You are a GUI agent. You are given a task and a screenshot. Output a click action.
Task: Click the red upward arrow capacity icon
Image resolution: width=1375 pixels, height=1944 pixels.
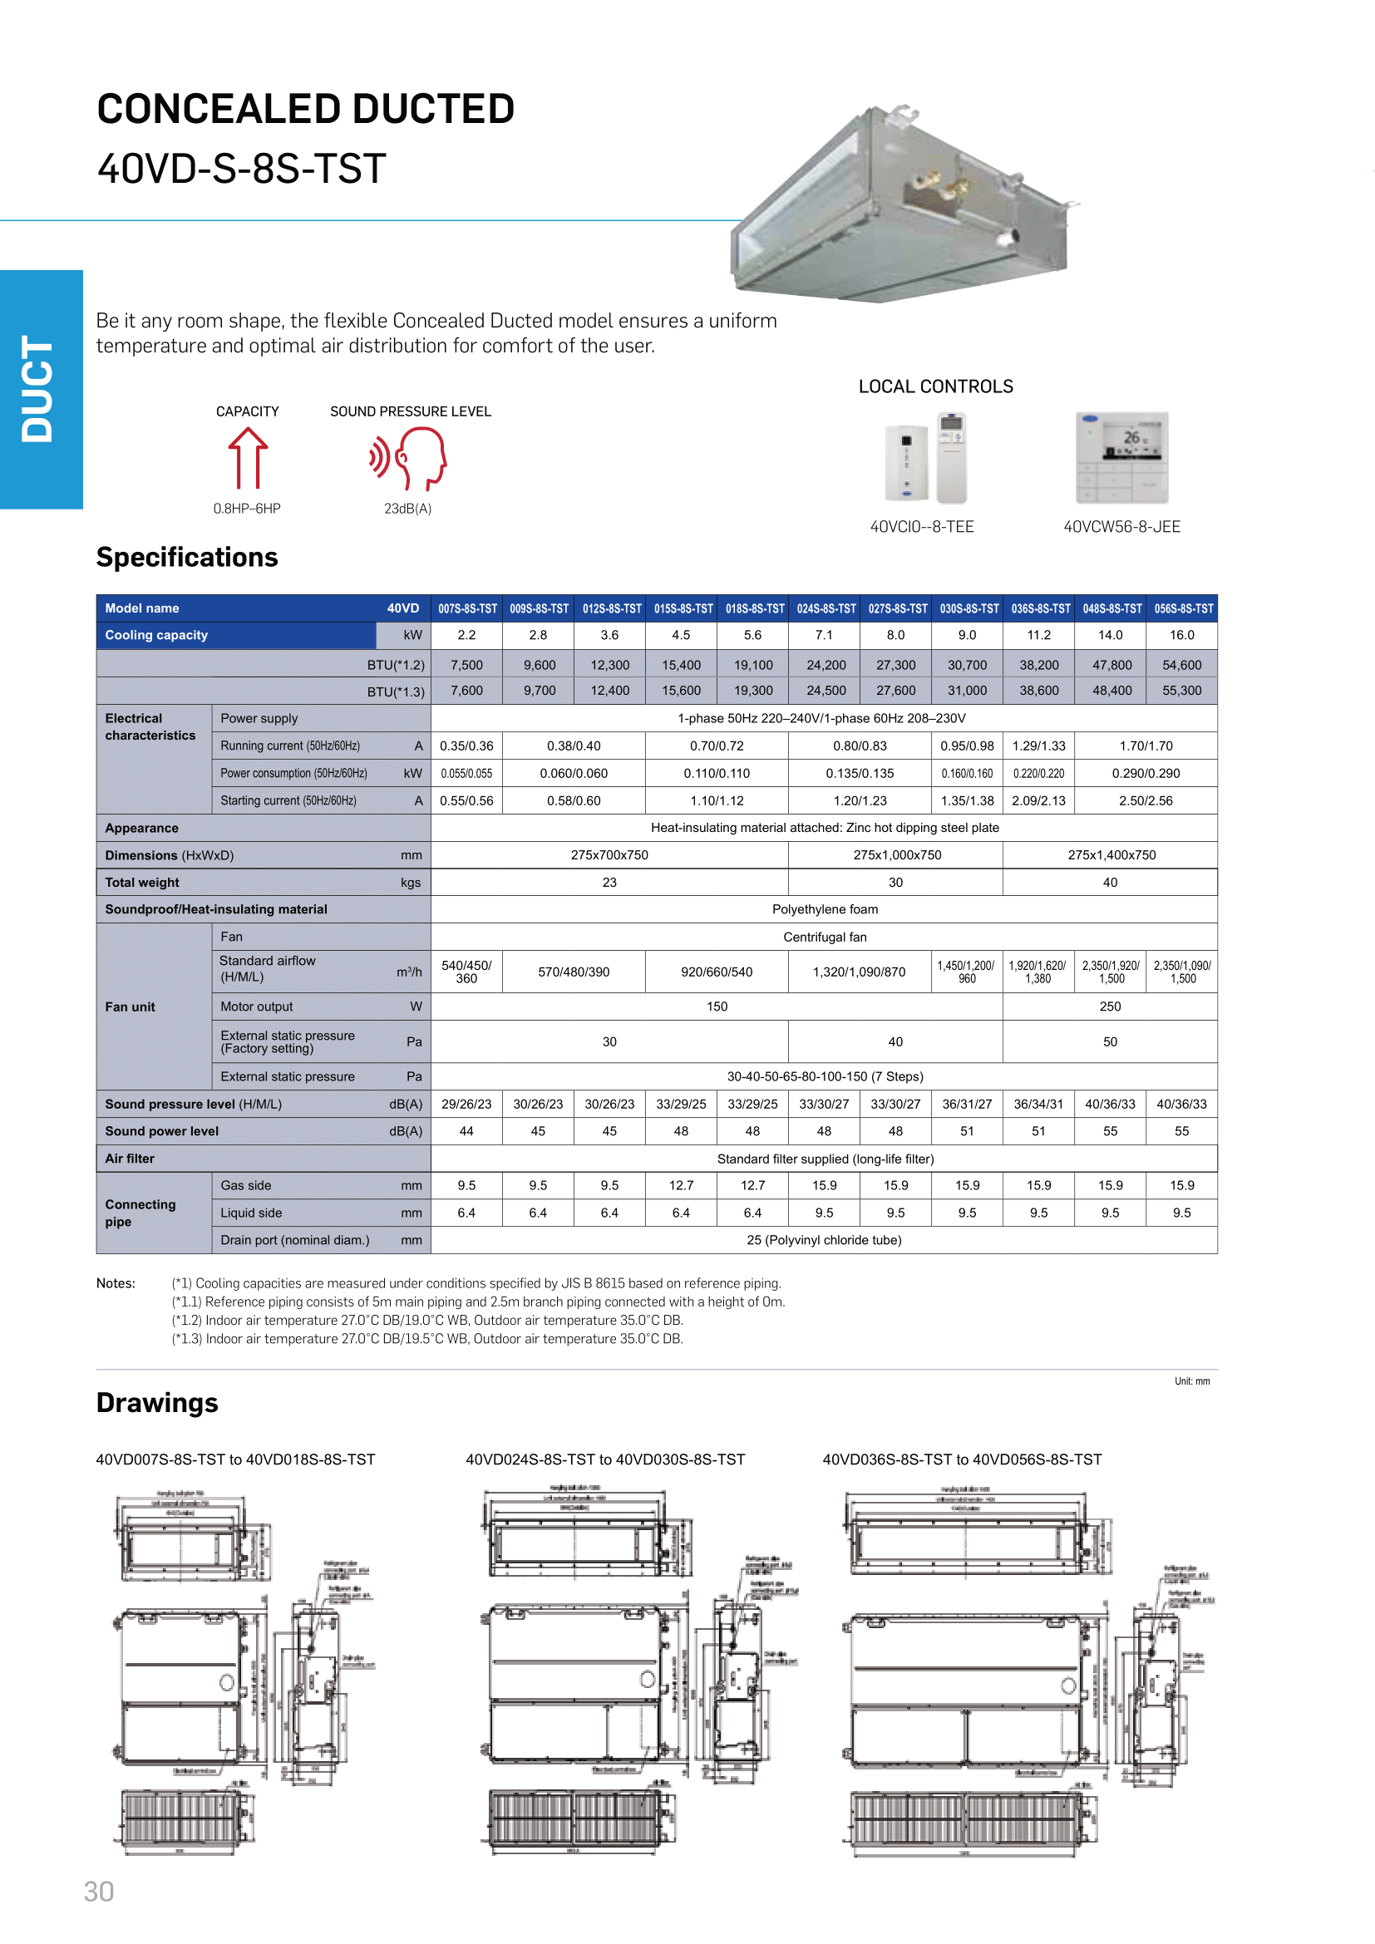pyautogui.click(x=247, y=458)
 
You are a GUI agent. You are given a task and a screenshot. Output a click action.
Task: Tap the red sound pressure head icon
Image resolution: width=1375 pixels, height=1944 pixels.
pyautogui.click(x=410, y=458)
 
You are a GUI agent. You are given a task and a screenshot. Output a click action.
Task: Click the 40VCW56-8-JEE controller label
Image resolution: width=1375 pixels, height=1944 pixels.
pyautogui.click(x=1121, y=527)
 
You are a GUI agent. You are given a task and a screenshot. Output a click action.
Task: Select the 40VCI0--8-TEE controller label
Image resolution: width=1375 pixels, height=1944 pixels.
pyautogui.click(x=922, y=527)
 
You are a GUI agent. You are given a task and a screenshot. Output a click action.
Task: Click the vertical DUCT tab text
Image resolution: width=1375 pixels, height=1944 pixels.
pyautogui.click(x=38, y=389)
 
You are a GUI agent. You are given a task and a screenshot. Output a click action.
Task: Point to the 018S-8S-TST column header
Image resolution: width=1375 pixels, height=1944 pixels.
pyautogui.click(x=754, y=608)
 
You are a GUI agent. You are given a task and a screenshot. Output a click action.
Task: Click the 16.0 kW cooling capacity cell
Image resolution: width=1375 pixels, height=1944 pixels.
pyautogui.click(x=1181, y=635)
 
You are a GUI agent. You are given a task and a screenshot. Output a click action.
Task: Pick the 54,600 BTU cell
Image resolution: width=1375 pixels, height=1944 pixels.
pyautogui.click(x=1181, y=666)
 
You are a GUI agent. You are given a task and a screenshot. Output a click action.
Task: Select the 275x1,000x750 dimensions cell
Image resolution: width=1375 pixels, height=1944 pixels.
pyautogui.click(x=897, y=855)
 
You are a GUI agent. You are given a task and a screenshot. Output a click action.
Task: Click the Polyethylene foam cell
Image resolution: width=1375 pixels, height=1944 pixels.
pyautogui.click(x=825, y=909)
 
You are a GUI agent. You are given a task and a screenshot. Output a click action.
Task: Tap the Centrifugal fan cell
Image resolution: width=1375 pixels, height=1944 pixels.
pyautogui.click(x=825, y=937)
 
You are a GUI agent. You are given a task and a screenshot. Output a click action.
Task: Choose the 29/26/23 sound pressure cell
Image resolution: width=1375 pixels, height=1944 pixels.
pyautogui.click(x=466, y=1104)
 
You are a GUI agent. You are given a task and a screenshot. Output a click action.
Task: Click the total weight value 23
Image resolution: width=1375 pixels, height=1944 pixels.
pyautogui.click(x=609, y=883)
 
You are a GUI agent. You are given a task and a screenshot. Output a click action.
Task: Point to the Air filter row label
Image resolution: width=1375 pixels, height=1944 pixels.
pyautogui.click(x=130, y=1159)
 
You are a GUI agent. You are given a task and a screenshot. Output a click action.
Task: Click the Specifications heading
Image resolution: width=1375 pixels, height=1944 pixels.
pyautogui.click(x=187, y=557)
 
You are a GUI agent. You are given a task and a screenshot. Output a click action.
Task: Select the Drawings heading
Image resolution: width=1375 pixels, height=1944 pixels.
pyautogui.click(x=157, y=1403)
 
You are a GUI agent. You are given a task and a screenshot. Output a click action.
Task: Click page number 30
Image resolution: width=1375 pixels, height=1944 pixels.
pyautogui.click(x=99, y=1892)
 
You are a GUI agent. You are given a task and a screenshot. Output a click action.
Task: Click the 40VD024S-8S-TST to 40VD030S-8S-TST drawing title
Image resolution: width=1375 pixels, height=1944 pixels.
pyautogui.click(x=605, y=1459)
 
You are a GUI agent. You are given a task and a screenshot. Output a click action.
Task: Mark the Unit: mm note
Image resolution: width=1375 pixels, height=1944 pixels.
pyautogui.click(x=1191, y=1381)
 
